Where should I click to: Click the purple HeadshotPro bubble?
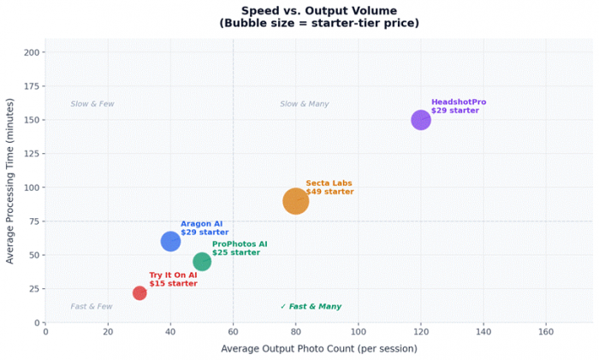tap(421, 120)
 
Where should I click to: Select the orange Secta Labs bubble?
tap(295, 201)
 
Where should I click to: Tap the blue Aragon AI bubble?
tap(170, 241)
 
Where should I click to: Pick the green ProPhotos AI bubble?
tap(202, 262)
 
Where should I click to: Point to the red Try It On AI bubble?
tap(139, 293)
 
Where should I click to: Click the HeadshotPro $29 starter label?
tap(458, 106)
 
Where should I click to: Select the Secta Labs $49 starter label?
tap(329, 187)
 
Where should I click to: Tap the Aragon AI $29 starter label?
tap(205, 227)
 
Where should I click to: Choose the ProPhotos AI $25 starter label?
tap(240, 248)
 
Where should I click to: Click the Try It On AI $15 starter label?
tap(173, 280)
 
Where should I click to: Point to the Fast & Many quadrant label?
tap(311, 306)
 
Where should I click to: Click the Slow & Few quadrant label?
tap(92, 104)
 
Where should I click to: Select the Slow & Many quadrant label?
tap(305, 104)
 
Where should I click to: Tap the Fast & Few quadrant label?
tap(92, 306)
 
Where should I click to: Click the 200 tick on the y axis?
tap(32, 52)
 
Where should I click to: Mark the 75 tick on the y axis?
tap(34, 221)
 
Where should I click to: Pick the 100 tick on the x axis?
tap(358, 332)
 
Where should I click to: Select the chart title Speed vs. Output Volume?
tap(318, 11)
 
